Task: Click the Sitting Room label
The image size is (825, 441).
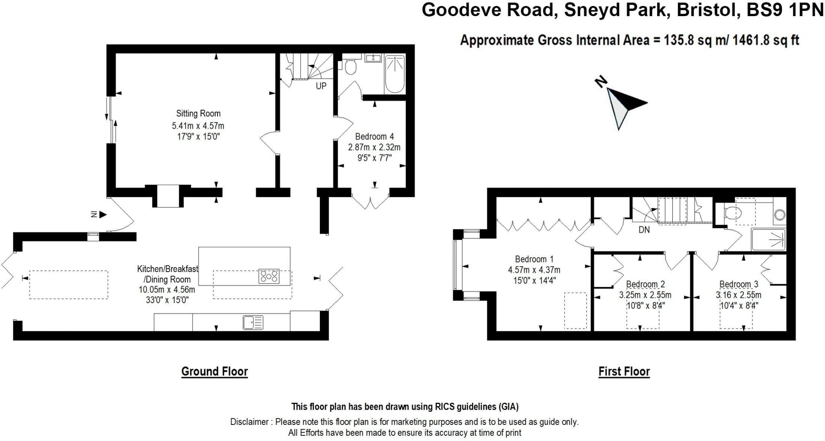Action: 198,113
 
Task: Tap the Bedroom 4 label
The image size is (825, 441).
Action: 374,137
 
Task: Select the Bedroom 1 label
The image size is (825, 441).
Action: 534,259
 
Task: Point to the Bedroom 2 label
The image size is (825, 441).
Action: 645,284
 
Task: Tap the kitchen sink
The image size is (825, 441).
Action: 253,322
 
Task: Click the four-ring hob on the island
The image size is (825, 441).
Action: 269,276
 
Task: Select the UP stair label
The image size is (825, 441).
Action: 321,86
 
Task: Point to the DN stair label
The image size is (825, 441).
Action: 644,230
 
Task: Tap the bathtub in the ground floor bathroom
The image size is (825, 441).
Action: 395,74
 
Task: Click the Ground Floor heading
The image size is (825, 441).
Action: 214,371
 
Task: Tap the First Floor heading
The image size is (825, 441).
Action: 624,371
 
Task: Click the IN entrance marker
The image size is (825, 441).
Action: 98,214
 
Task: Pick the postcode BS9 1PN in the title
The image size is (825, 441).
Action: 785,10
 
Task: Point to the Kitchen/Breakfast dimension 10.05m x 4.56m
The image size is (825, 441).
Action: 167,290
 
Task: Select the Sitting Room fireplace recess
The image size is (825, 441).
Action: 168,196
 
